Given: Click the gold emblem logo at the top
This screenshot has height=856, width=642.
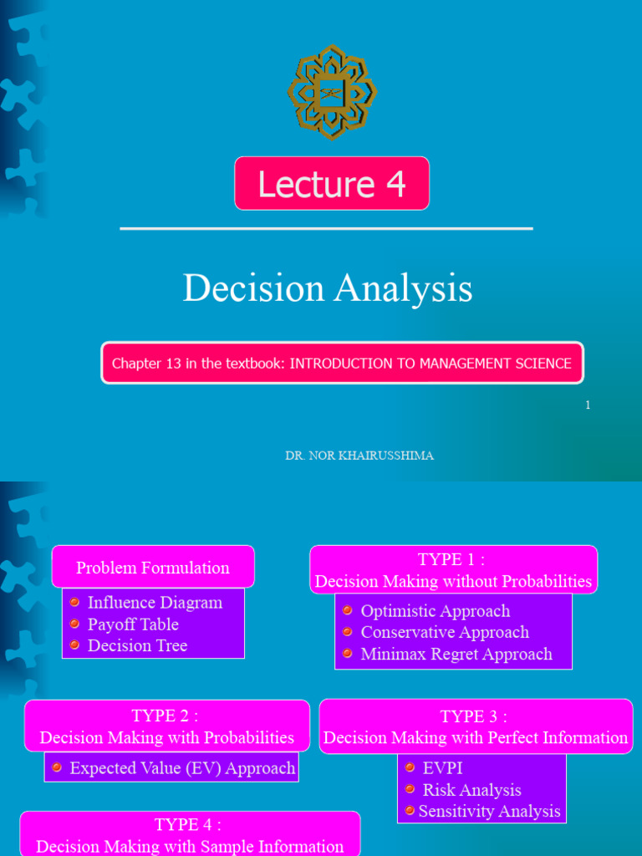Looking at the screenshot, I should point(332,92).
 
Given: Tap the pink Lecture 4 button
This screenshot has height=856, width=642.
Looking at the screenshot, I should point(332,183).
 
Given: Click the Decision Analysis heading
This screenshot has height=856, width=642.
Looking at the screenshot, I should point(328,288).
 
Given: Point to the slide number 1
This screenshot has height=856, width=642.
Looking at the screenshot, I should point(588,405).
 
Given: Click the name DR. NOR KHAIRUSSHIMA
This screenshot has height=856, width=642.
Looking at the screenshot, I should point(359,456).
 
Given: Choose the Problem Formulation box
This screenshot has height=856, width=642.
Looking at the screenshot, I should point(153,568).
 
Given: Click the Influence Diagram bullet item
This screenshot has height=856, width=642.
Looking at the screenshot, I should point(155,603).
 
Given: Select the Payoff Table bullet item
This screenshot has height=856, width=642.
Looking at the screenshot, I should point(133,624).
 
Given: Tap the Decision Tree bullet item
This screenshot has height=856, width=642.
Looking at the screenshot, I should point(137,645).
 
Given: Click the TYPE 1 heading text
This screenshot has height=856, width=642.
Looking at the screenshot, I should point(452,560).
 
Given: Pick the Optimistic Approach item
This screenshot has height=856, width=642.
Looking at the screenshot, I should point(435,611).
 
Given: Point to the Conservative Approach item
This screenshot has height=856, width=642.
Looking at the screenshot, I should point(445,633).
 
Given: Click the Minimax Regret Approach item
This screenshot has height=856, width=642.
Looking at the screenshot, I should point(456,655).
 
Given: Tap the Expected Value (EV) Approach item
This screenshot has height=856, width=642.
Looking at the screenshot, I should point(182,768).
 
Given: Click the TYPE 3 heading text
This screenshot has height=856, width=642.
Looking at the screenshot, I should point(474,716).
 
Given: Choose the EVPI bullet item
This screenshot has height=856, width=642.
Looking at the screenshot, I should point(442,768).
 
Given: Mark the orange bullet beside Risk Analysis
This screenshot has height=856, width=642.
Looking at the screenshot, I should point(410,789).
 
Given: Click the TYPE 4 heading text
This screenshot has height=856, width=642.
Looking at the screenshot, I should point(188,825).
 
